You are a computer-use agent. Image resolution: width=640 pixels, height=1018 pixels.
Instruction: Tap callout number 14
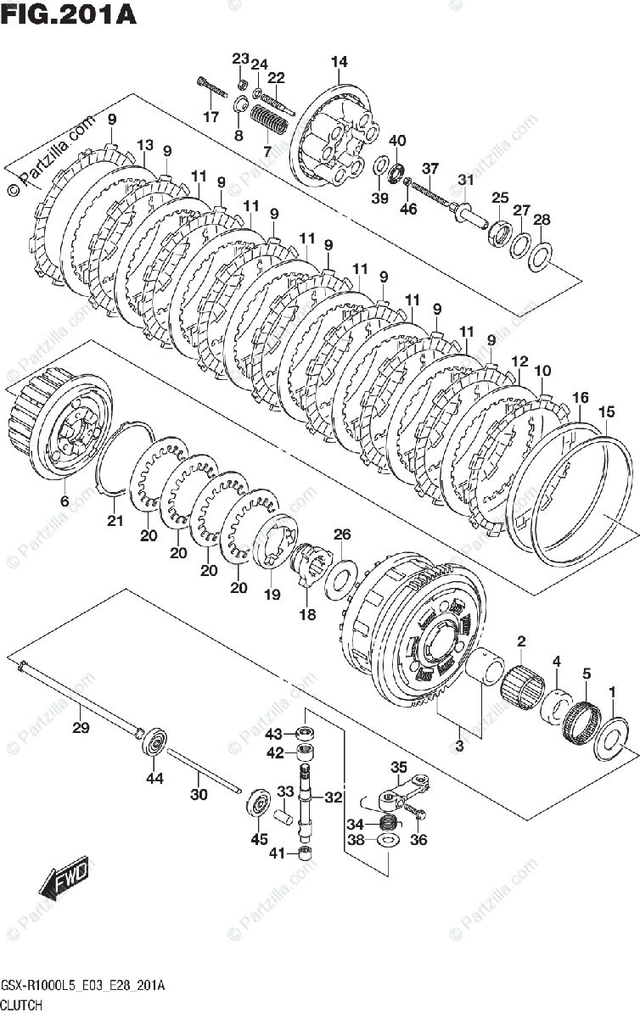(340, 62)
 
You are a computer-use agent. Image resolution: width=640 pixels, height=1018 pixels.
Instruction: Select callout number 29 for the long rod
(81, 728)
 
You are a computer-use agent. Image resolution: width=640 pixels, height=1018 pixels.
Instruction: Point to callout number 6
(65, 501)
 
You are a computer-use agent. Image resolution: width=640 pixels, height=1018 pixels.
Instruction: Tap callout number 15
(606, 411)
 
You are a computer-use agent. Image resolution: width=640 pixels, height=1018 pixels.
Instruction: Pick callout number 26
(341, 534)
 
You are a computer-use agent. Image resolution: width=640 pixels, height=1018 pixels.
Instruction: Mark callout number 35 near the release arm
(399, 769)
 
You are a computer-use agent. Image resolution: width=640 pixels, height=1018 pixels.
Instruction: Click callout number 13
(144, 144)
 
